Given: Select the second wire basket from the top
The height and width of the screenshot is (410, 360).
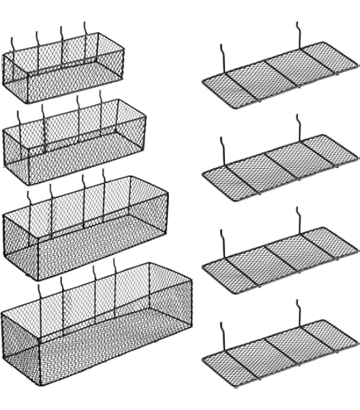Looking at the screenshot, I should click(x=74, y=141).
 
